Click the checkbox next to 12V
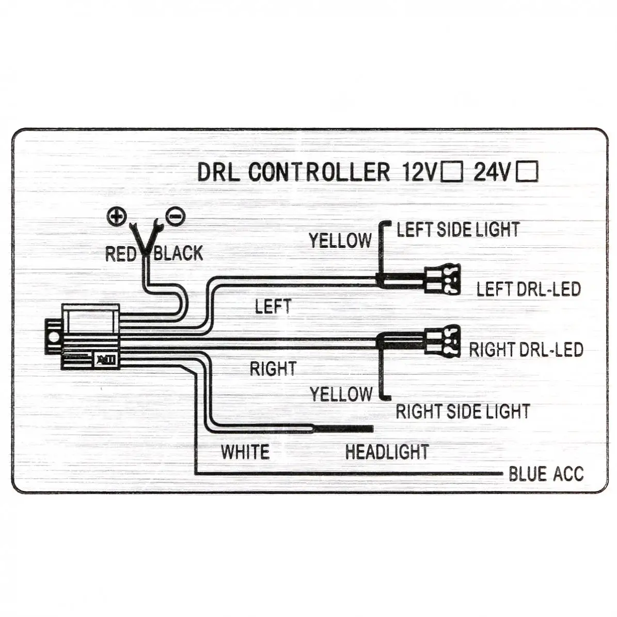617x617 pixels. (452, 171)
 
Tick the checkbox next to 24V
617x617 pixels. (527, 171)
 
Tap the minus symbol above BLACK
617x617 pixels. (175, 216)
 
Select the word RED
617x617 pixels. (120, 254)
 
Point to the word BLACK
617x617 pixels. (178, 253)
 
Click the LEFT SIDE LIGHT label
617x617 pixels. (458, 230)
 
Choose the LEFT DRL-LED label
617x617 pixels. (529, 289)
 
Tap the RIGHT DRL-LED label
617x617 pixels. (526, 350)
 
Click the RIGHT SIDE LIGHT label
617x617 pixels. (463, 412)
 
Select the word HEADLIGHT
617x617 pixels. (387, 452)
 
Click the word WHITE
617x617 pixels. (245, 452)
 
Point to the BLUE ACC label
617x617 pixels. (546, 474)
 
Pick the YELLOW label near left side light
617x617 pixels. (340, 241)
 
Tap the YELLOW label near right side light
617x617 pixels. (341, 394)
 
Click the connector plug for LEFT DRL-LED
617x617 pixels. (442, 279)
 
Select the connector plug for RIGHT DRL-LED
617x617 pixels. (442, 341)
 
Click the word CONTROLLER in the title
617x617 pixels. (319, 172)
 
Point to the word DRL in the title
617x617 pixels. (218, 172)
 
